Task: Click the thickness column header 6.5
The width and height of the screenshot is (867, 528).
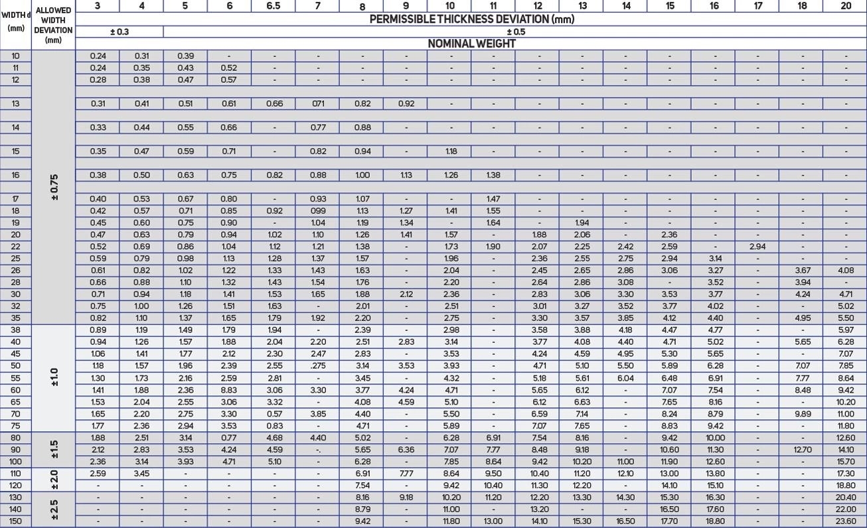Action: click(273, 6)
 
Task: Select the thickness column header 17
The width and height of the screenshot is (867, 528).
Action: click(757, 6)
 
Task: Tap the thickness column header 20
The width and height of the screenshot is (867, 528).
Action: click(845, 6)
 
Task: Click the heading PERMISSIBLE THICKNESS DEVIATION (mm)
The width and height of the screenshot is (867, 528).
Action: click(471, 19)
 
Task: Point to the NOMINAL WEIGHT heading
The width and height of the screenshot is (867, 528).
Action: click(471, 44)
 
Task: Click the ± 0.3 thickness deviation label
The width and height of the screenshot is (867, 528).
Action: click(119, 32)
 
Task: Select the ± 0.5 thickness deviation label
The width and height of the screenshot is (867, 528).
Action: click(515, 32)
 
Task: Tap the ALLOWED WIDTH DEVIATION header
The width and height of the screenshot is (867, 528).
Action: click(53, 25)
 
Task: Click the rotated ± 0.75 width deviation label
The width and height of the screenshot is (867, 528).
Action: click(53, 188)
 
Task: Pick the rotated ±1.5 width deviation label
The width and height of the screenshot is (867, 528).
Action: click(53, 450)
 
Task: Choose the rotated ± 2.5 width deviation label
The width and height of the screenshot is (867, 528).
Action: click(53, 509)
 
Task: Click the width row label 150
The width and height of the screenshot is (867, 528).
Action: click(15, 521)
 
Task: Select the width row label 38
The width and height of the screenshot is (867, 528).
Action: click(15, 330)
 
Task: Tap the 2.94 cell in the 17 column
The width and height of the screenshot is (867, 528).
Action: click(757, 247)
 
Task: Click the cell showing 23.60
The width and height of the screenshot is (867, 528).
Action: click(845, 521)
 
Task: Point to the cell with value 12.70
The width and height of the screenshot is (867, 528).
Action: click(801, 450)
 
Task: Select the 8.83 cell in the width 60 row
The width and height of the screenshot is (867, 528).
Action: click(229, 390)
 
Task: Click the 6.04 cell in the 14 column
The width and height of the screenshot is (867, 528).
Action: click(625, 378)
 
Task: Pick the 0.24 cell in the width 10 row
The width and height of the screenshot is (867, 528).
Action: click(98, 56)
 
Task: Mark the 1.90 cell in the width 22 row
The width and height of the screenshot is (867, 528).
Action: click(493, 247)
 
